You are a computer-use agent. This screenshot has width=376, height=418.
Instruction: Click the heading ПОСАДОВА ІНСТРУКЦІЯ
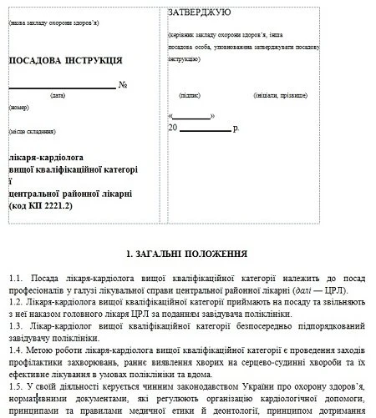[65, 60]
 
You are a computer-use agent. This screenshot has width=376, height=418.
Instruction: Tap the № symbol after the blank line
[123, 85]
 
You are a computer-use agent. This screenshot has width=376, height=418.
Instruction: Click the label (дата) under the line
[58, 96]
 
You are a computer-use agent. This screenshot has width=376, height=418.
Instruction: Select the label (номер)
[19, 108]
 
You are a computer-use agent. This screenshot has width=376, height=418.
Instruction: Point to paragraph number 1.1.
[16, 277]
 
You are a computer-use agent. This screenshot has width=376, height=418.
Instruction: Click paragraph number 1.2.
[16, 300]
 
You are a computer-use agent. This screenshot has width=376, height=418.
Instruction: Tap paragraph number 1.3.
[16, 323]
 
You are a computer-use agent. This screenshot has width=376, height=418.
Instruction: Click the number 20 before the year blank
[173, 128]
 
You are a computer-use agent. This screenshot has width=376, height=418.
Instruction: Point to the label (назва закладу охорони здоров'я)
[50, 23]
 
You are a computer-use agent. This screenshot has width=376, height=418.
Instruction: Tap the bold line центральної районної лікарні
[70, 193]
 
